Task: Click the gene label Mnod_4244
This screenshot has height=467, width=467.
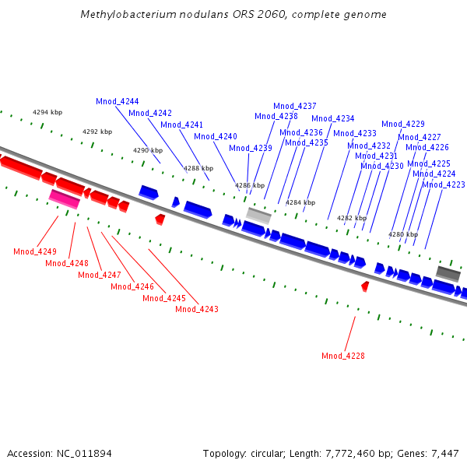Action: (x=118, y=102)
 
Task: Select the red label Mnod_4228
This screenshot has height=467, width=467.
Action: (x=343, y=356)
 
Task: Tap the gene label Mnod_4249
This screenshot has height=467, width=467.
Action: (x=35, y=251)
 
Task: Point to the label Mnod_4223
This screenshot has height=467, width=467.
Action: (x=444, y=185)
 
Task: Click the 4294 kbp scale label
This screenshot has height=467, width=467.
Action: (x=47, y=113)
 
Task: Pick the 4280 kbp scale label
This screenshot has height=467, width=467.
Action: (x=403, y=234)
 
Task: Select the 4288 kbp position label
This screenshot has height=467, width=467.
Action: (x=198, y=168)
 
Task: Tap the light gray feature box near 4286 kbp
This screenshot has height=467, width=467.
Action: (x=258, y=215)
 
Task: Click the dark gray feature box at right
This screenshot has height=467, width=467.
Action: (x=448, y=272)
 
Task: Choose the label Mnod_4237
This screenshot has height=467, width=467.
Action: (x=295, y=107)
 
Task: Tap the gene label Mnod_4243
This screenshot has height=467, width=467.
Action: (x=197, y=310)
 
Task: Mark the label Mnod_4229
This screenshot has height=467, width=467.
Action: (x=403, y=125)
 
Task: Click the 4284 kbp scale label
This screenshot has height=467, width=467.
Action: (x=300, y=202)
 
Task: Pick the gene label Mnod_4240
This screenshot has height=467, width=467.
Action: (x=216, y=137)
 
